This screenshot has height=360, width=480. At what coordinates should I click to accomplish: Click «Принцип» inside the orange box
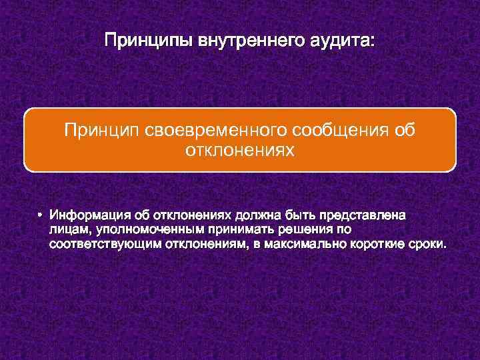pyautogui.click(x=97, y=129)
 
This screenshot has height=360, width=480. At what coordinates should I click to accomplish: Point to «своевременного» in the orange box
pyautogui.click(x=201, y=129)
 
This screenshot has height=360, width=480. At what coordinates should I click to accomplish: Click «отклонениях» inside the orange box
pyautogui.click(x=239, y=151)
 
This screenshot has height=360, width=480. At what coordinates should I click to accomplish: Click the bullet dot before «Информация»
pyautogui.click(x=41, y=215)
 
